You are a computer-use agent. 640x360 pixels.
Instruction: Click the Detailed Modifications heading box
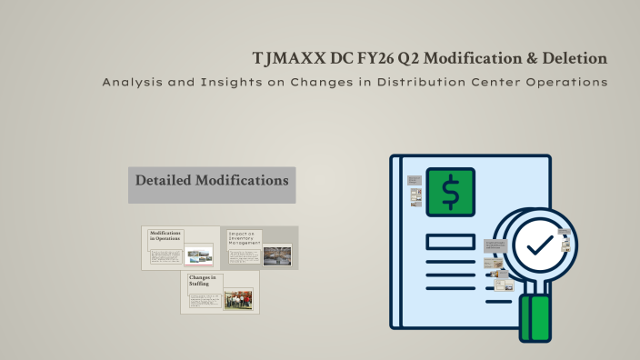pyautogui.click(x=212, y=181)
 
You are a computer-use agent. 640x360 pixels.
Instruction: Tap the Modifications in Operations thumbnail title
pyautogui.click(x=165, y=236)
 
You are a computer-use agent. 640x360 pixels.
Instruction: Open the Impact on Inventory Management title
pyautogui.click(x=245, y=238)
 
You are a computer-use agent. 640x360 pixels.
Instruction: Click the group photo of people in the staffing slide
pyautogui.click(x=238, y=299)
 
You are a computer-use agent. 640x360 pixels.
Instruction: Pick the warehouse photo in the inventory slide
pyautogui.click(x=276, y=255)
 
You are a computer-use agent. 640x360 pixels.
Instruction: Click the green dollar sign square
pyautogui.click(x=451, y=193)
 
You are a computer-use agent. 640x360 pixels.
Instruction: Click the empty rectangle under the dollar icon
pyautogui.click(x=450, y=242)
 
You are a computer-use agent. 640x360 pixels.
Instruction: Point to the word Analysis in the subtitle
pyautogui.click(x=131, y=83)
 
